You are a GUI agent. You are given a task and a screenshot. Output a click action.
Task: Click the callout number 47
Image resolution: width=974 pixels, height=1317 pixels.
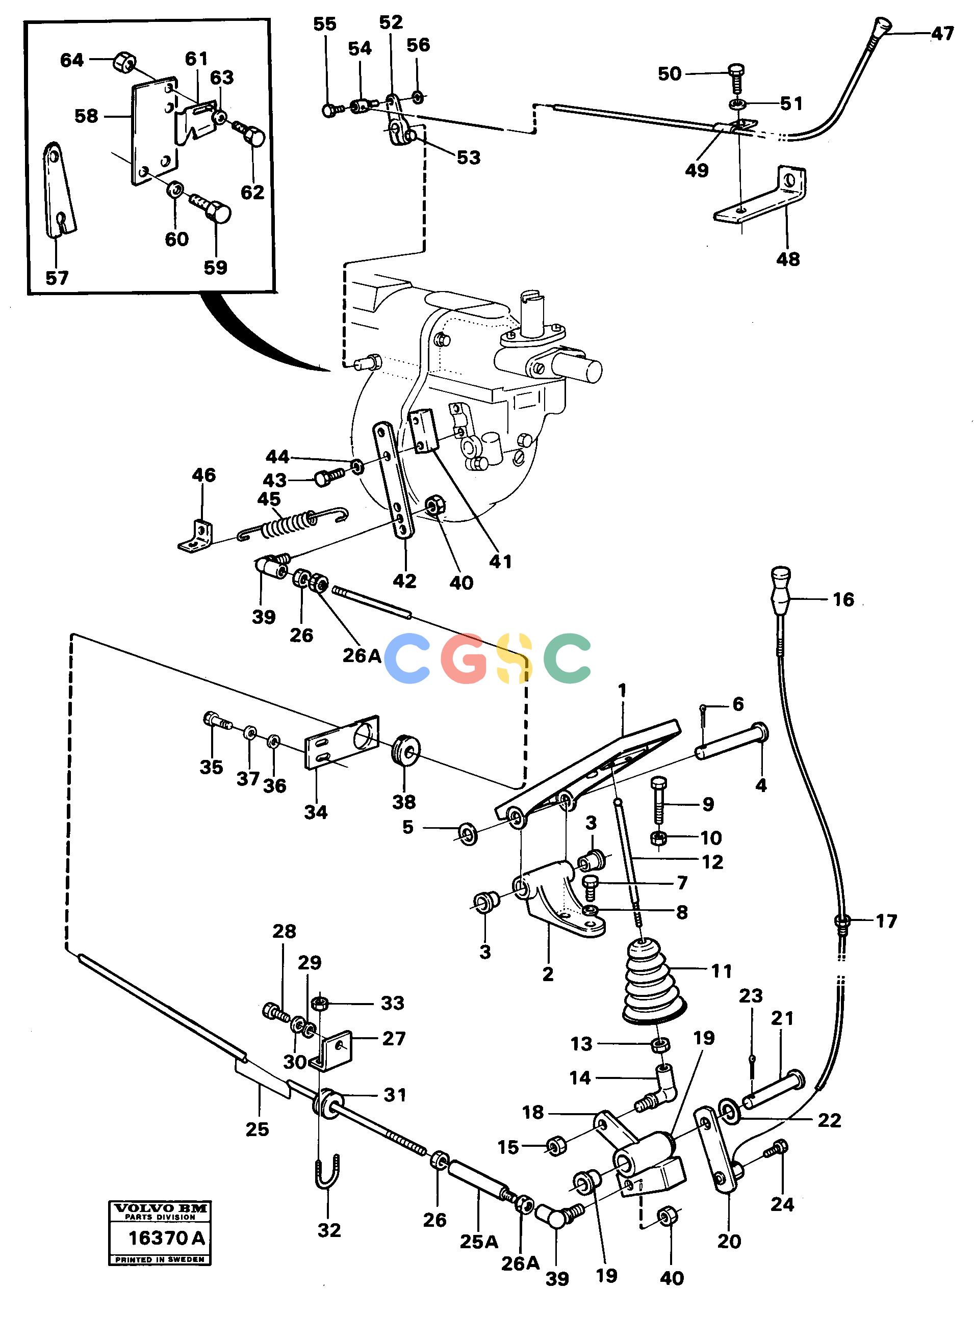[942, 34]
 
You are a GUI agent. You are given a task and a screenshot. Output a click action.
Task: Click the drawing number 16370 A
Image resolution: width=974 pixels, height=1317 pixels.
[166, 1238]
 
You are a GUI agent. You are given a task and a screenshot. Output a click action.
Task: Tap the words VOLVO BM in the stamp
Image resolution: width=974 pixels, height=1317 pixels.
[160, 1207]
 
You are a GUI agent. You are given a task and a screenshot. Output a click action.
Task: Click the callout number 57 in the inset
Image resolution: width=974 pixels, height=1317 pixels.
[57, 278]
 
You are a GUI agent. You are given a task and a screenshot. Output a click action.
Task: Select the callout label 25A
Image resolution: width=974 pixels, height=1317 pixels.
[479, 1242]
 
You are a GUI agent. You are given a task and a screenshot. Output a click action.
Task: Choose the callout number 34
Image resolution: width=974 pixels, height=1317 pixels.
[316, 812]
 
